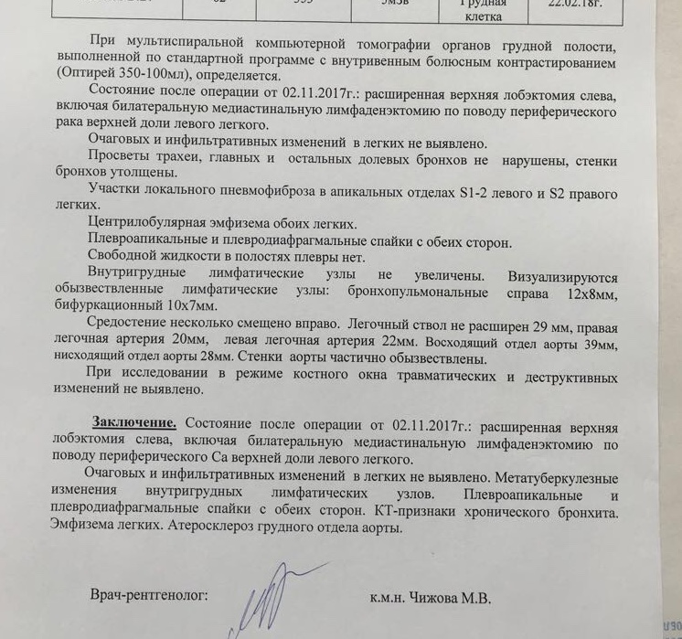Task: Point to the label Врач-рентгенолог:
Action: point(148,595)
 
